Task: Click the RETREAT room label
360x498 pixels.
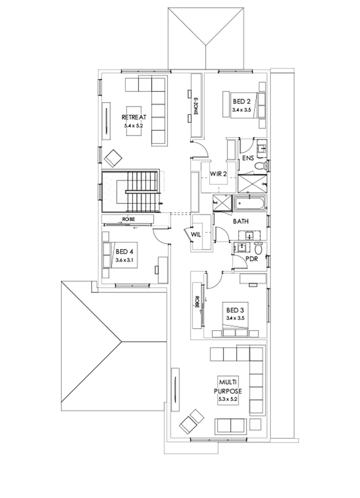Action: click(x=134, y=117)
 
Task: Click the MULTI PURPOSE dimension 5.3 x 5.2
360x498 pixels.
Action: click(x=228, y=399)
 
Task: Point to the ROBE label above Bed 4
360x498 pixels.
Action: click(x=128, y=219)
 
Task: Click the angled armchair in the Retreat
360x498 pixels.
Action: click(x=113, y=158)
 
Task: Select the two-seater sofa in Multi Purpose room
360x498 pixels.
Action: click(x=230, y=426)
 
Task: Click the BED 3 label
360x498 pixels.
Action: click(x=235, y=310)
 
